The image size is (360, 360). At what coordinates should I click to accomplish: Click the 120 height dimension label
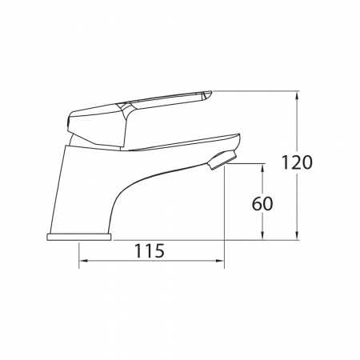[x=297, y=162]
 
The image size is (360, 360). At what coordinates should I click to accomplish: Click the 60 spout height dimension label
[x=262, y=204]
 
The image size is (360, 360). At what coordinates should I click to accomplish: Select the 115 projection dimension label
[x=150, y=251]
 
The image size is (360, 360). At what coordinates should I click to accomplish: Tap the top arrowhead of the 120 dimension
[x=297, y=94]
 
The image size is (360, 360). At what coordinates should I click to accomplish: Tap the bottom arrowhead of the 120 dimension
[x=297, y=236]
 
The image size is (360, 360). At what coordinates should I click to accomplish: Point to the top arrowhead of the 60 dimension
[x=263, y=168]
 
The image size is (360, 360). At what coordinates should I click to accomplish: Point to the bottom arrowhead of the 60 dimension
[x=263, y=236]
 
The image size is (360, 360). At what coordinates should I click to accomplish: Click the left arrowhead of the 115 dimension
[x=83, y=261]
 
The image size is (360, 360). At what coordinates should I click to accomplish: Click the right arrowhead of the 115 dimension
[x=220, y=261]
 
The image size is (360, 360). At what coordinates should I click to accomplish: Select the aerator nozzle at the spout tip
[x=222, y=160]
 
